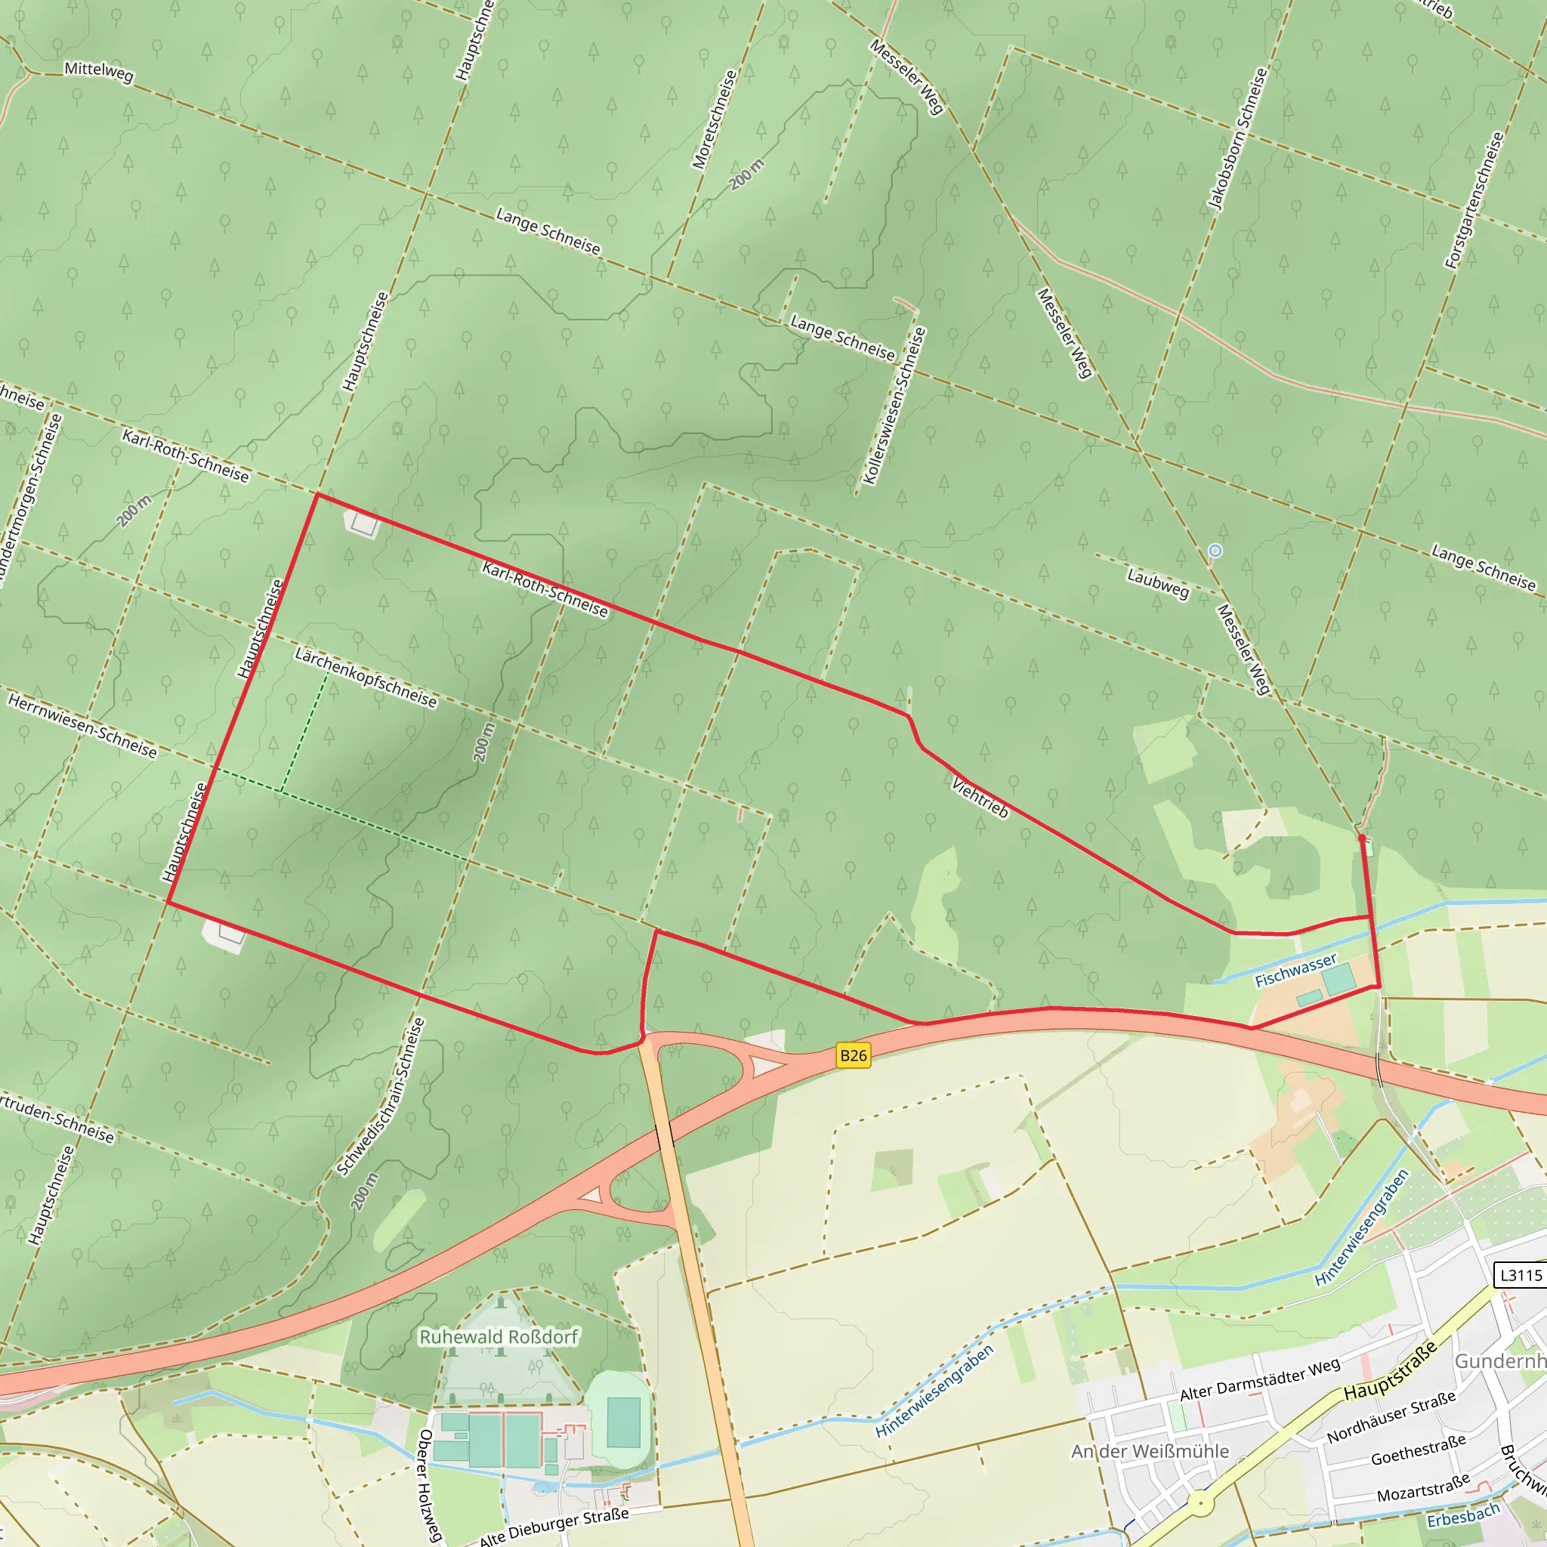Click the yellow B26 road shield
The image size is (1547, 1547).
click(x=853, y=1055)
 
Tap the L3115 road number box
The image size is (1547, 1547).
click(x=1521, y=1275)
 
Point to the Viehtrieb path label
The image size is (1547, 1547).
click(x=980, y=797)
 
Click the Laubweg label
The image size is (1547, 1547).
click(x=1158, y=583)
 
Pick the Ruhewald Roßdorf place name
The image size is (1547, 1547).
click(x=498, y=1336)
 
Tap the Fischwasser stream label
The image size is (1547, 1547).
click(x=1295, y=970)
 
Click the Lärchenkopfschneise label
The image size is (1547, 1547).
click(x=366, y=678)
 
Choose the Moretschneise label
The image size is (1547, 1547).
click(x=715, y=120)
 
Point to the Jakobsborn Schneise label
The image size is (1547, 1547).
click(x=1238, y=138)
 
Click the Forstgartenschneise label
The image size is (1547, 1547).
click(x=1475, y=200)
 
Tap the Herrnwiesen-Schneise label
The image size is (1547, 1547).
click(x=82, y=725)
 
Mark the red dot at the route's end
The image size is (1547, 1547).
click(x=1362, y=838)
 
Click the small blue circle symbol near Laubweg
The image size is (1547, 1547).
click(x=1215, y=550)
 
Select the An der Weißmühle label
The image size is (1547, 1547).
click(x=1150, y=1451)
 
